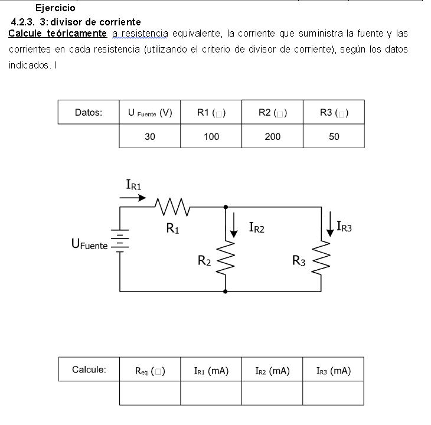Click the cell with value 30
(150, 136)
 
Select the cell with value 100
(211, 136)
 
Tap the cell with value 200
(273, 136)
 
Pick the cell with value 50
(334, 136)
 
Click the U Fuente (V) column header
(150, 113)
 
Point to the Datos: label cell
(89, 113)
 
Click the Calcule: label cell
(89, 370)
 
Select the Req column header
(150, 371)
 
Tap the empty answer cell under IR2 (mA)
(273, 393)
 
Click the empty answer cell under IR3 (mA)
(334, 393)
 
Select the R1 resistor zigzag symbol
(172, 207)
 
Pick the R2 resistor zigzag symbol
(226, 257)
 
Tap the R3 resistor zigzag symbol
(322, 257)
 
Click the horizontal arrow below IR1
(133, 198)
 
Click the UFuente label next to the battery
(89, 244)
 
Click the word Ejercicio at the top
(55, 8)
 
